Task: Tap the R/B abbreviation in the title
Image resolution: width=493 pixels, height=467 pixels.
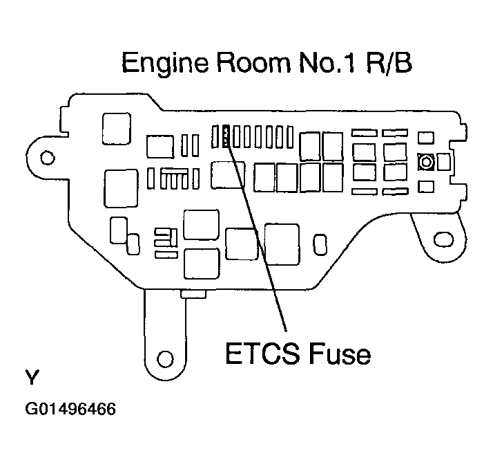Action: (391, 64)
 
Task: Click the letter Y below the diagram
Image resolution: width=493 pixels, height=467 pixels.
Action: (32, 378)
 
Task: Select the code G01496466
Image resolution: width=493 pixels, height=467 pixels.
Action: (70, 409)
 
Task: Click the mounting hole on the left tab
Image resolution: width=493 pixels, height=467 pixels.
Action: (47, 158)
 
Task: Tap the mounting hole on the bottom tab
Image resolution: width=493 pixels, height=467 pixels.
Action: (164, 358)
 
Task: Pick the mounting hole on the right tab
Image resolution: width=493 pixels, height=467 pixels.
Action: (441, 240)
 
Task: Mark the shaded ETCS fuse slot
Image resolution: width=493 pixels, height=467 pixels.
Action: (225, 136)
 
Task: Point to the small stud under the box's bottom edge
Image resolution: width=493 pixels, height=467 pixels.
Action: (193, 294)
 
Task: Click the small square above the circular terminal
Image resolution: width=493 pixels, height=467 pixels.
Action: (426, 136)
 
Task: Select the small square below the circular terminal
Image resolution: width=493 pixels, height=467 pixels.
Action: (426, 185)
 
